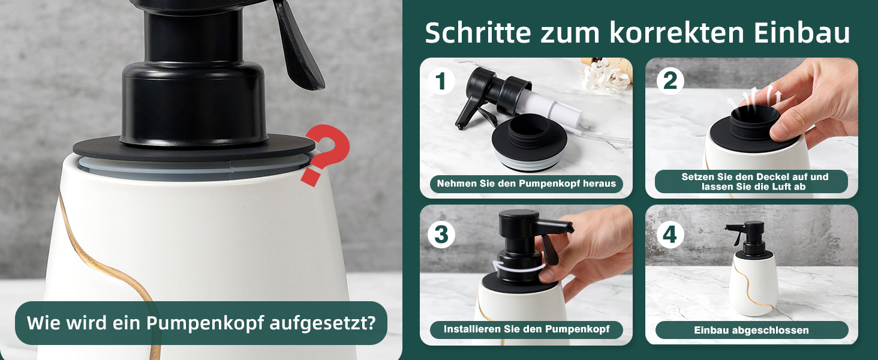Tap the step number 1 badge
441,81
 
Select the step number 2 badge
670,81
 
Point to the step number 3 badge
441,235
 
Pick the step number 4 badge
670,235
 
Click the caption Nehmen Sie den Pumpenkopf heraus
527,184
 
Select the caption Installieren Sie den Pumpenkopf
527,329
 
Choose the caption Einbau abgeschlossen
751,330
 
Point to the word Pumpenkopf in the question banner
205,323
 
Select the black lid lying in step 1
530,143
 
